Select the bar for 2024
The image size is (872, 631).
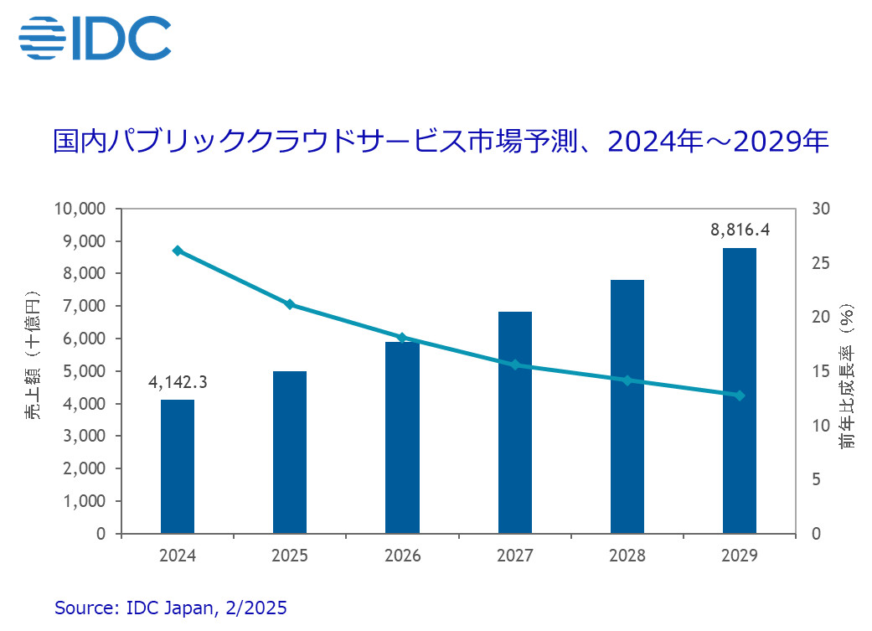coord(178,466)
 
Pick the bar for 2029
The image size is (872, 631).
coord(740,390)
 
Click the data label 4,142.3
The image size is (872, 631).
coord(178,383)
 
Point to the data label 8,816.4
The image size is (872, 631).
coord(740,229)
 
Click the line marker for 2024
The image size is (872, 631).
coord(178,251)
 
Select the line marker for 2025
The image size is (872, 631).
coord(290,304)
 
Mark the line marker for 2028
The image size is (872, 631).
coord(627,380)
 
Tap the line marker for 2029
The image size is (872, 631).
coord(740,396)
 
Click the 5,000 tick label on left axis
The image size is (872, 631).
coord(84,371)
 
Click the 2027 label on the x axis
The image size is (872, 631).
coord(514,556)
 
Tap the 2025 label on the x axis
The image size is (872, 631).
coord(290,556)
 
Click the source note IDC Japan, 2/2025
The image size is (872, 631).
coord(171,608)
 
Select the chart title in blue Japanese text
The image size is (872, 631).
coord(441,140)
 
